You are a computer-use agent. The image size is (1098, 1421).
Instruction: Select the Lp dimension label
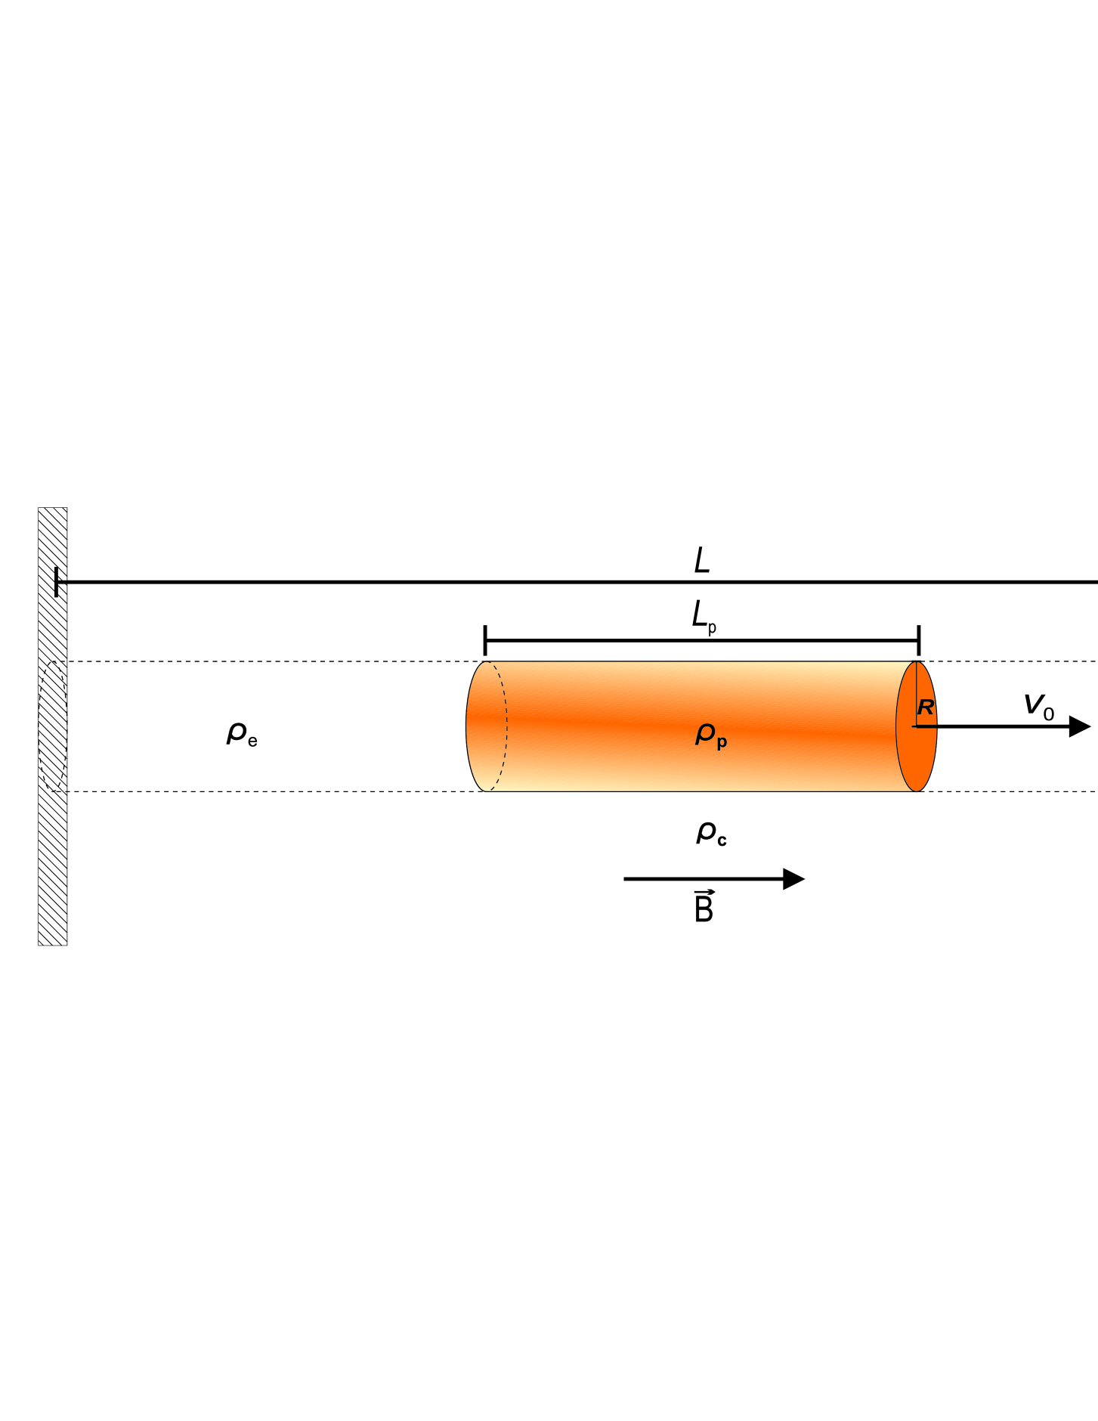[704, 617]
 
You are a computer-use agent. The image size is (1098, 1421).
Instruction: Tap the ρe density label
[241, 734]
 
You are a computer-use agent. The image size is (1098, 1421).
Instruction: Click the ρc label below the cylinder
[710, 833]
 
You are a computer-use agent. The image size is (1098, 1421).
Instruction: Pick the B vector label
[704, 907]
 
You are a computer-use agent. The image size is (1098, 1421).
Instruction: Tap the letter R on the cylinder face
[926, 708]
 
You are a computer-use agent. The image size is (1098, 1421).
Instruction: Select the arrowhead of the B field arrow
[793, 879]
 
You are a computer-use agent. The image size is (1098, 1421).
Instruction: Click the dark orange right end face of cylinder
[917, 756]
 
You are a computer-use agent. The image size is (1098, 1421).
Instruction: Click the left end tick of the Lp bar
[485, 640]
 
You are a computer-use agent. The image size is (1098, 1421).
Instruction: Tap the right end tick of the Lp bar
[919, 640]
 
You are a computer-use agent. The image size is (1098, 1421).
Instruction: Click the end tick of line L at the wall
[57, 582]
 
